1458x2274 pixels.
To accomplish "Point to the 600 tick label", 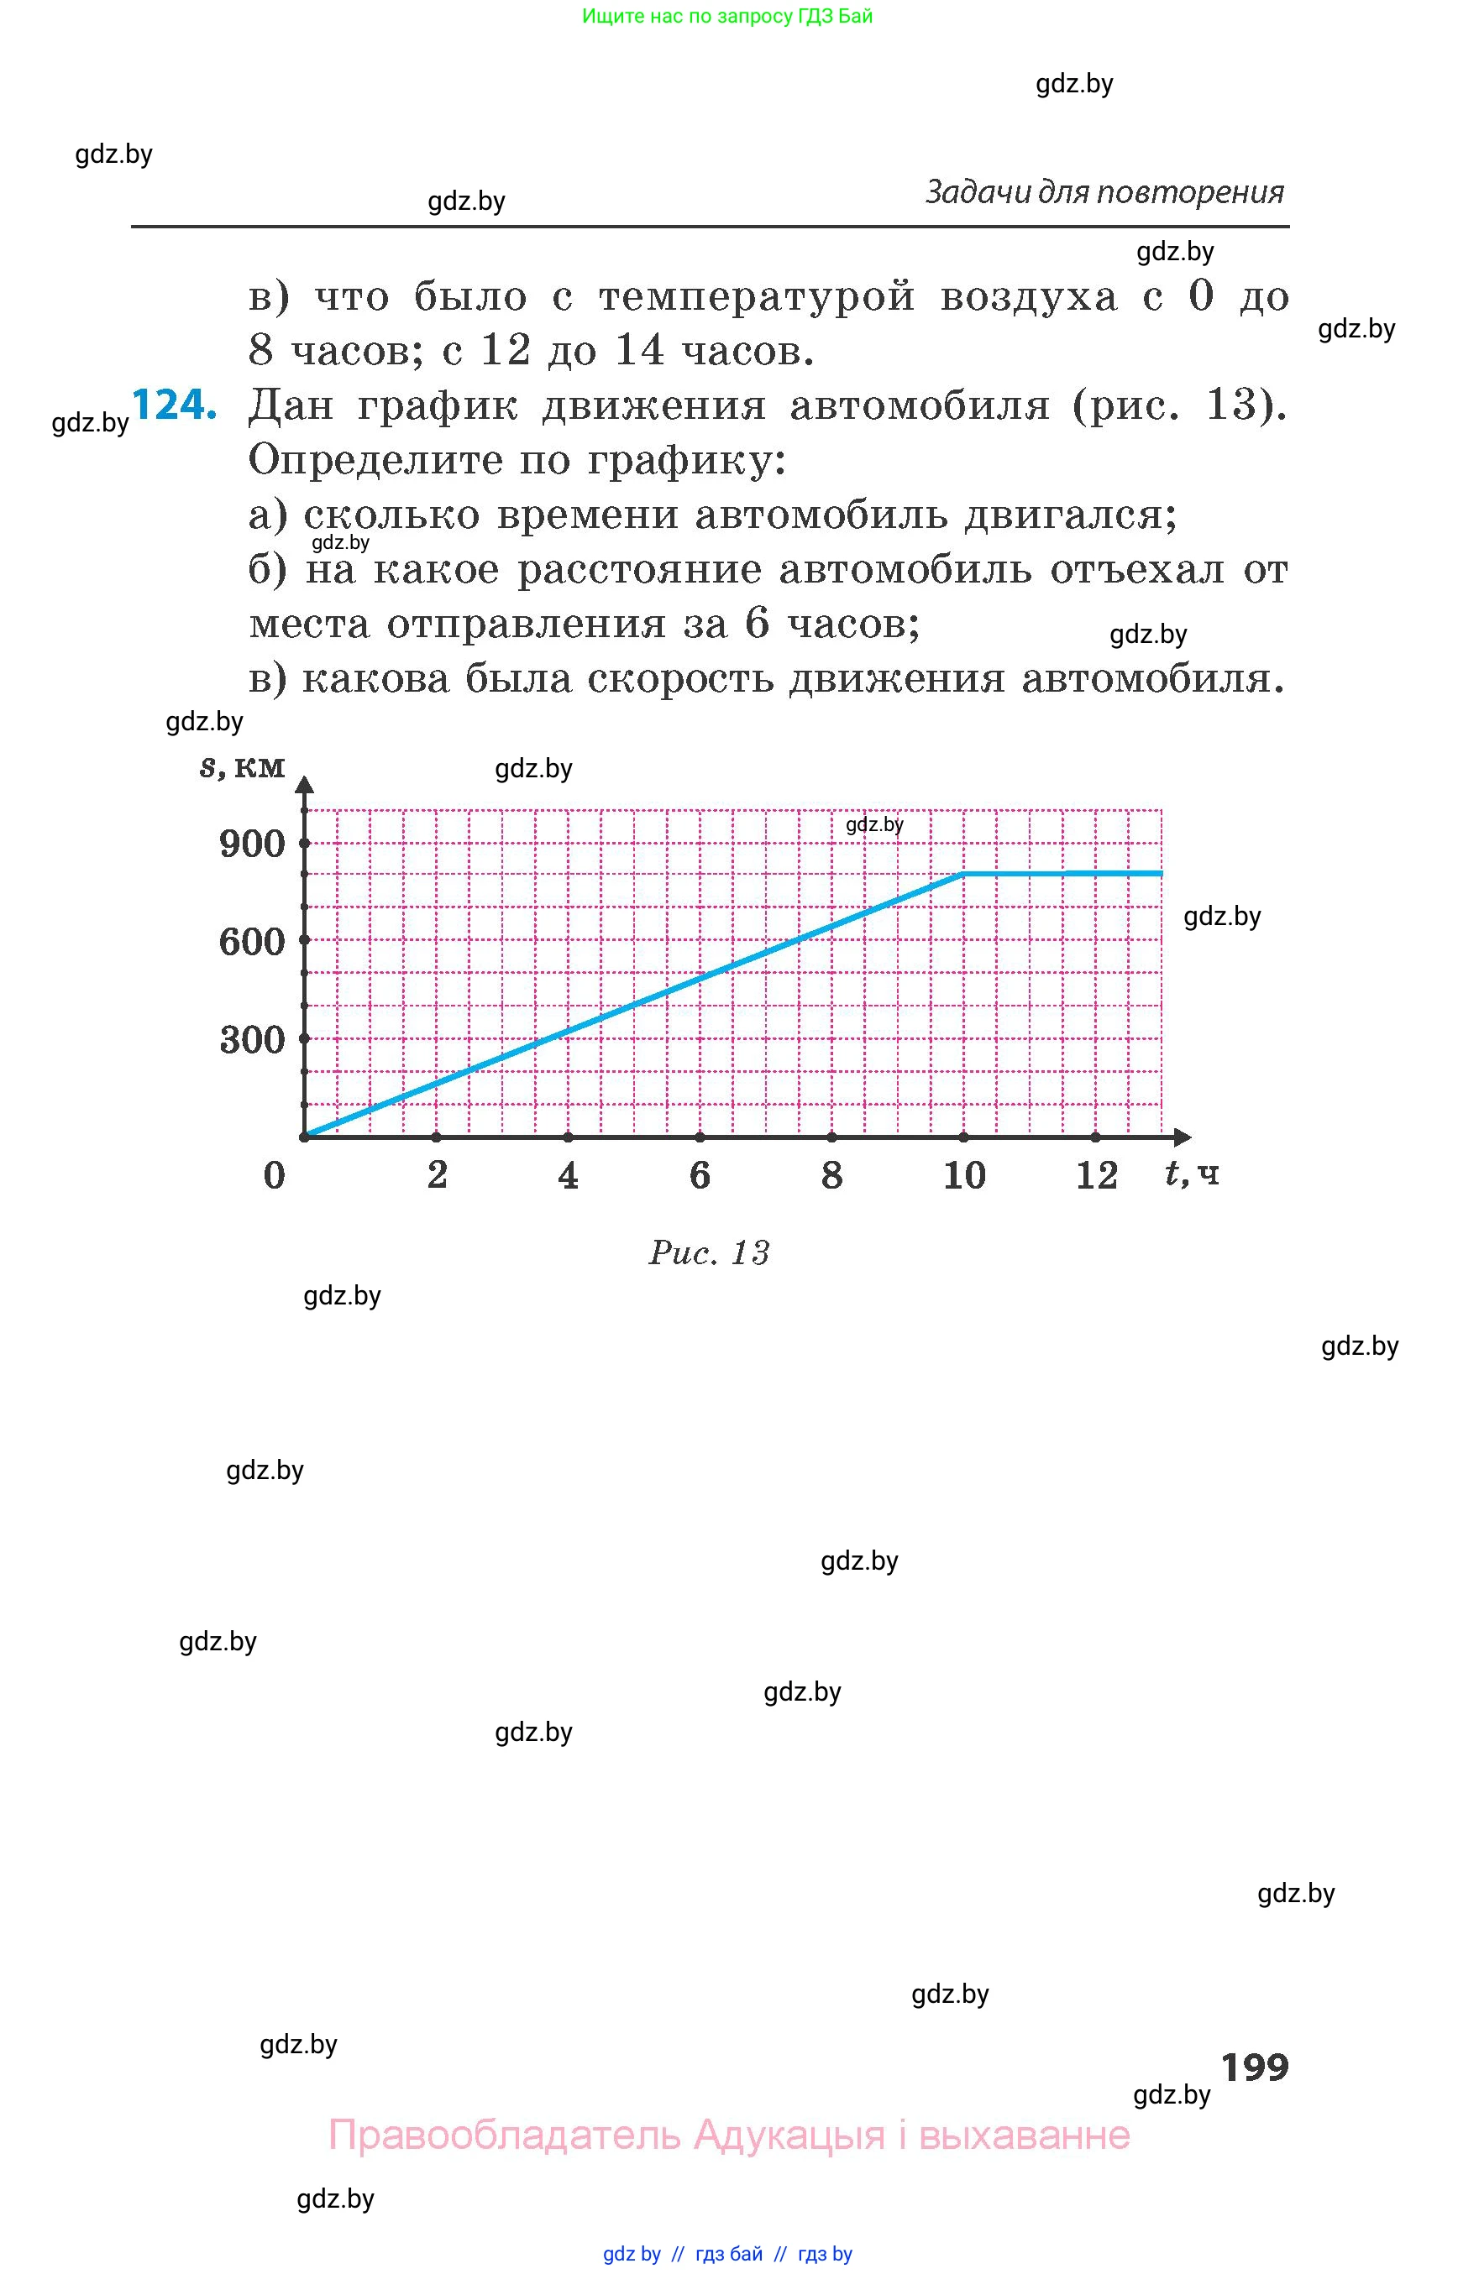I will (x=252, y=942).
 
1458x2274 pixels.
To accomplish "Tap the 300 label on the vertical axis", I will (x=252, y=1040).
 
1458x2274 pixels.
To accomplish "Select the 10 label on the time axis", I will (x=965, y=1175).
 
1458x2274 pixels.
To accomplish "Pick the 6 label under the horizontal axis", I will (x=700, y=1175).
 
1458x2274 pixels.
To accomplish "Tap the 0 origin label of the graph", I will (x=274, y=1175).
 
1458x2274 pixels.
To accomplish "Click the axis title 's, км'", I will (x=243, y=766).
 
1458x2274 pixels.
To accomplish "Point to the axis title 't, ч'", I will (x=1192, y=1174).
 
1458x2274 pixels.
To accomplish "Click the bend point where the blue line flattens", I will (x=964, y=874).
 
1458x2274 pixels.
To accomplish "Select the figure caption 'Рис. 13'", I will (x=709, y=1253).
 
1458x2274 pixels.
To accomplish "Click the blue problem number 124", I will (x=174, y=405).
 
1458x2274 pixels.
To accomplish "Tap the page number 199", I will (x=1255, y=2068).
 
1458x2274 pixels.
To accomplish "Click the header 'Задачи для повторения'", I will (x=1104, y=192).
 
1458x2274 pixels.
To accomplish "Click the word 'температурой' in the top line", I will (x=757, y=297).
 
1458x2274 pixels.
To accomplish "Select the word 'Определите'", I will (x=375, y=461).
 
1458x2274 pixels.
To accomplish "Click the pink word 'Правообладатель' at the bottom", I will (x=504, y=2135).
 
